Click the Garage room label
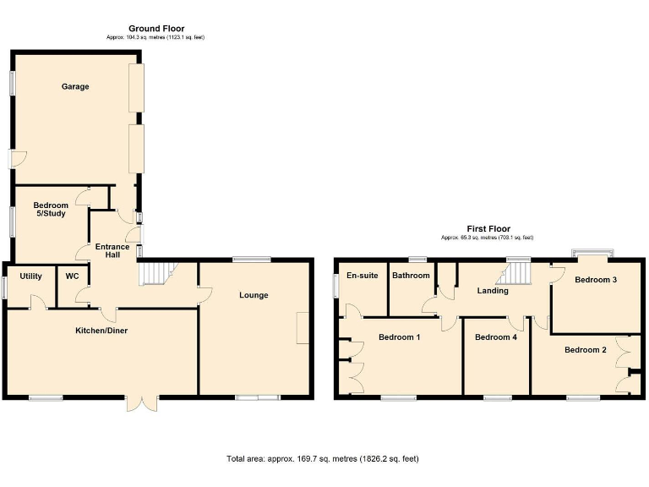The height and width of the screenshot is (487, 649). click(x=74, y=86)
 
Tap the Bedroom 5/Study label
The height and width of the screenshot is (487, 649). click(x=51, y=209)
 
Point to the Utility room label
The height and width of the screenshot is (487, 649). click(x=31, y=276)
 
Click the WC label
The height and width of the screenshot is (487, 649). click(x=72, y=276)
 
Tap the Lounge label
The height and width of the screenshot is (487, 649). click(x=254, y=295)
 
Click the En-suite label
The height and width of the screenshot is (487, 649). click(x=362, y=276)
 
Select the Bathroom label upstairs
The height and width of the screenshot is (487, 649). click(x=411, y=276)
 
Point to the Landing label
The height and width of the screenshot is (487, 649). click(x=493, y=291)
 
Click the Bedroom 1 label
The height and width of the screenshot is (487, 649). click(x=400, y=337)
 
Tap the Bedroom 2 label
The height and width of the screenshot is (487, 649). click(x=586, y=349)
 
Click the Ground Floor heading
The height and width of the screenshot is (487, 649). click(x=155, y=29)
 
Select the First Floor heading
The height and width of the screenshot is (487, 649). click(x=488, y=228)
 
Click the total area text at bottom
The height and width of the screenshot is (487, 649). click(x=322, y=458)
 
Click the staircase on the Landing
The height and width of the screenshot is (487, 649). click(x=515, y=272)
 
